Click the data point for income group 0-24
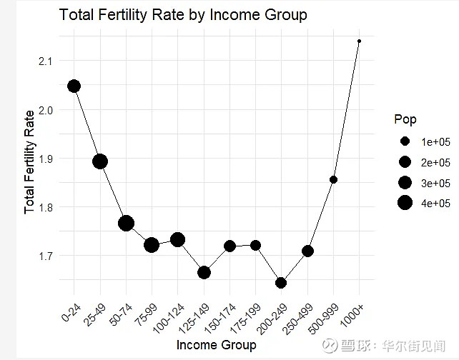[74, 86]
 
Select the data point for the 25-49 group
[100, 161]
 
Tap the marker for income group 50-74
[127, 224]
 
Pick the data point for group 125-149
[204, 272]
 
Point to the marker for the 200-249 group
[281, 283]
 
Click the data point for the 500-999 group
[333, 179]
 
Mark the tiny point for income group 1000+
[359, 41]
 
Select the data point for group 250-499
[307, 251]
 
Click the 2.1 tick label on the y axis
[45, 61]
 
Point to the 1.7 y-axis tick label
[45, 256]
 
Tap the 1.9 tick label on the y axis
[45, 159]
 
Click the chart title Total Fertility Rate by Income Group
[183, 15]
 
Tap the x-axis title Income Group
[216, 346]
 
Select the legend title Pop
[405, 119]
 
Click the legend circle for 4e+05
[405, 204]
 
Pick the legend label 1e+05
[434, 141]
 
